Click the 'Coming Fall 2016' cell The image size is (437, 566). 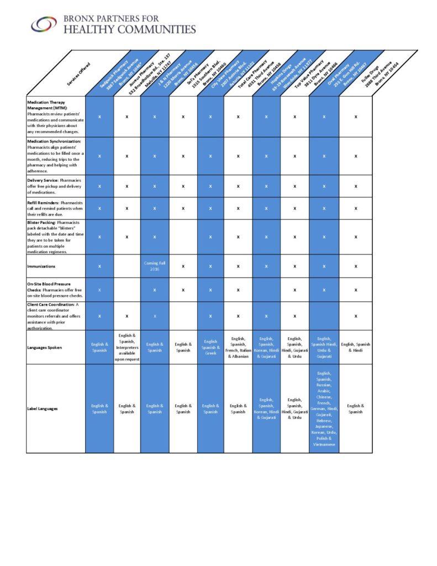(x=155, y=266)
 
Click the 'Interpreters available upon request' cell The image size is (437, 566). (x=127, y=347)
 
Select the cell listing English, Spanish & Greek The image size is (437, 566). (x=210, y=347)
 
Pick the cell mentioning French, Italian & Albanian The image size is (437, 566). (x=238, y=347)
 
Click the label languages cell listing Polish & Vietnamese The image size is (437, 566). (x=323, y=408)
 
